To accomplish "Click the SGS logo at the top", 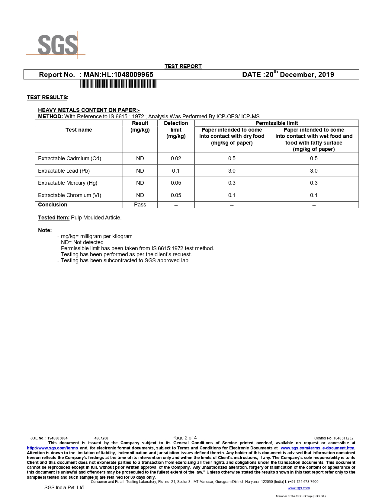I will (x=57, y=45).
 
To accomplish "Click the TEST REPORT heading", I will (x=183, y=66).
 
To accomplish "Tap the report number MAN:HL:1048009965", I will (x=118, y=75).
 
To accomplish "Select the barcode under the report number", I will (x=118, y=84).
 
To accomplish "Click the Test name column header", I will (x=79, y=130).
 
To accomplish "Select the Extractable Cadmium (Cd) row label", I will (x=69, y=158).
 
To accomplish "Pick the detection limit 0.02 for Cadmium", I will (x=176, y=158).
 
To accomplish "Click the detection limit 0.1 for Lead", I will (x=176, y=171).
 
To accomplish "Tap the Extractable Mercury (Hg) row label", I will (x=68, y=183).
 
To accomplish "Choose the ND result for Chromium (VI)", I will (x=140, y=195).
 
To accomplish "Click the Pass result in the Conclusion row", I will (x=140, y=205).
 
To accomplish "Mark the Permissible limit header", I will (x=277, y=123).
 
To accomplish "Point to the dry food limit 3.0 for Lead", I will (x=232, y=171).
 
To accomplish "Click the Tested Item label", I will (x=54, y=218).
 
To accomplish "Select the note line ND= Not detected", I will (x=82, y=242).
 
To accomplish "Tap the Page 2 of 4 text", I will (x=184, y=438).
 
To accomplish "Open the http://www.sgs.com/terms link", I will (x=53, y=448).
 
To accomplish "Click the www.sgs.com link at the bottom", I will (x=299, y=488).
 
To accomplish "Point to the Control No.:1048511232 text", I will (x=334, y=438).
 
